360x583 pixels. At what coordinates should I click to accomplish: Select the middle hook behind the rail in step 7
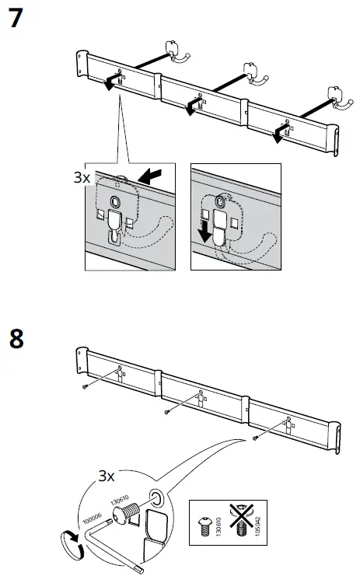[x=252, y=75]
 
